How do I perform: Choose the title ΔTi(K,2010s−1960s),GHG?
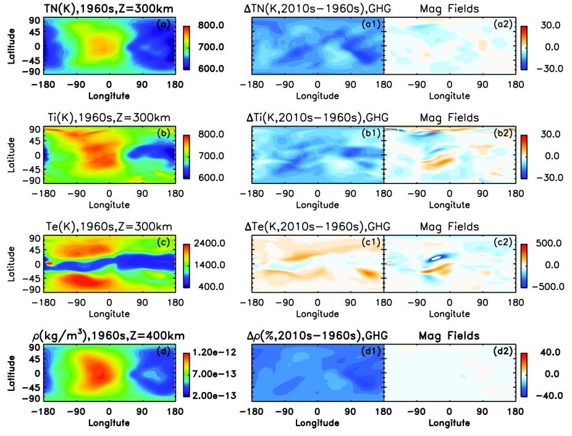point(318,117)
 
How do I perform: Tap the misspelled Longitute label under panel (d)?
point(109,423)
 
